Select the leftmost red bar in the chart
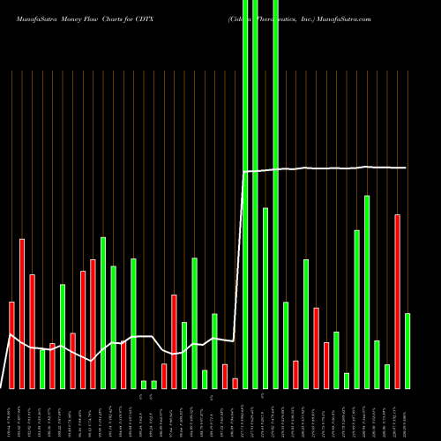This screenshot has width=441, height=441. (12, 345)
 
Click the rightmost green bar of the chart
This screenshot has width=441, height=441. (407, 350)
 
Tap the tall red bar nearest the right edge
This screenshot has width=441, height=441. (397, 301)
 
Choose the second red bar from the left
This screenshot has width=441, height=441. (22, 313)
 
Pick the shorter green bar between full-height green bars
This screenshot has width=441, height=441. (265, 297)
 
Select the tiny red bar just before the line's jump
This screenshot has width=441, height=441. (235, 383)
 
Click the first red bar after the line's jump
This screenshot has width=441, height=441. (295, 374)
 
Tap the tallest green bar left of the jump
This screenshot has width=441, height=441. (103, 312)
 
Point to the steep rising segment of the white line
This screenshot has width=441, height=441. (239, 256)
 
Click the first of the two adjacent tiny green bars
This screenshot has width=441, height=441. (144, 384)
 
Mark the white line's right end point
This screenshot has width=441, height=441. (407, 168)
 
